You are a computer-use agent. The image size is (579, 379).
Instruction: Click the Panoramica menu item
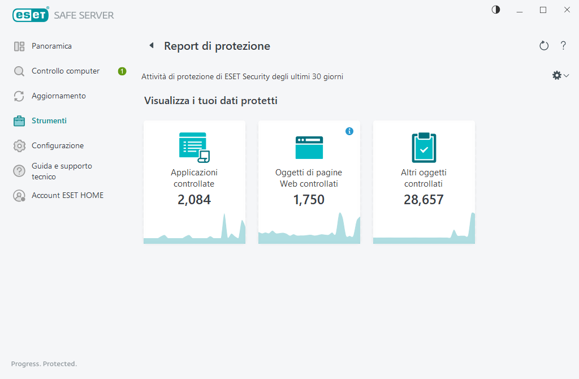coord(51,46)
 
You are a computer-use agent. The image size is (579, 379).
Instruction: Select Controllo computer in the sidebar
coord(65,71)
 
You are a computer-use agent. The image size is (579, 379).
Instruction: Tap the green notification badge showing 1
coord(122,71)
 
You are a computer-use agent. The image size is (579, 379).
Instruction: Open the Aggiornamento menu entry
coord(58,96)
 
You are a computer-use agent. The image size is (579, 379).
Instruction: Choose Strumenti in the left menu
coord(49,121)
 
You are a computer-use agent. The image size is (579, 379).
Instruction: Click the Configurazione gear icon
coord(20,146)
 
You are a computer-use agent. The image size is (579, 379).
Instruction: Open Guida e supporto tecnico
coord(61,171)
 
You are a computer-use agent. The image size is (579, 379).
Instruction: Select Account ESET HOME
coord(67,196)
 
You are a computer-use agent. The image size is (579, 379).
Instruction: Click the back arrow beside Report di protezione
coord(152,46)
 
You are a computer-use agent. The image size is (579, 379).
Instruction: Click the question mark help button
coord(563,46)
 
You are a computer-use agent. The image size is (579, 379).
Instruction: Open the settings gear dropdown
coord(560,75)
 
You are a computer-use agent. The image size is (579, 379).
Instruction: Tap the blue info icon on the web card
coord(349,131)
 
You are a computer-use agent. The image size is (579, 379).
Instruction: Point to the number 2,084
coord(194,199)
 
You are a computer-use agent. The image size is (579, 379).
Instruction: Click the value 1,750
coord(309,199)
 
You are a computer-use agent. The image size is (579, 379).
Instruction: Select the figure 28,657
coord(424,199)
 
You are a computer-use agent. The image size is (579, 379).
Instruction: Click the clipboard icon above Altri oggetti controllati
coord(424,147)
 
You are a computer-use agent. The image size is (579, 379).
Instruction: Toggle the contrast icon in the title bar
coord(496,10)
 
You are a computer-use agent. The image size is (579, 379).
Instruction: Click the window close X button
coord(567,10)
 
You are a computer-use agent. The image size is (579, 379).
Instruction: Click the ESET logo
coord(30,15)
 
